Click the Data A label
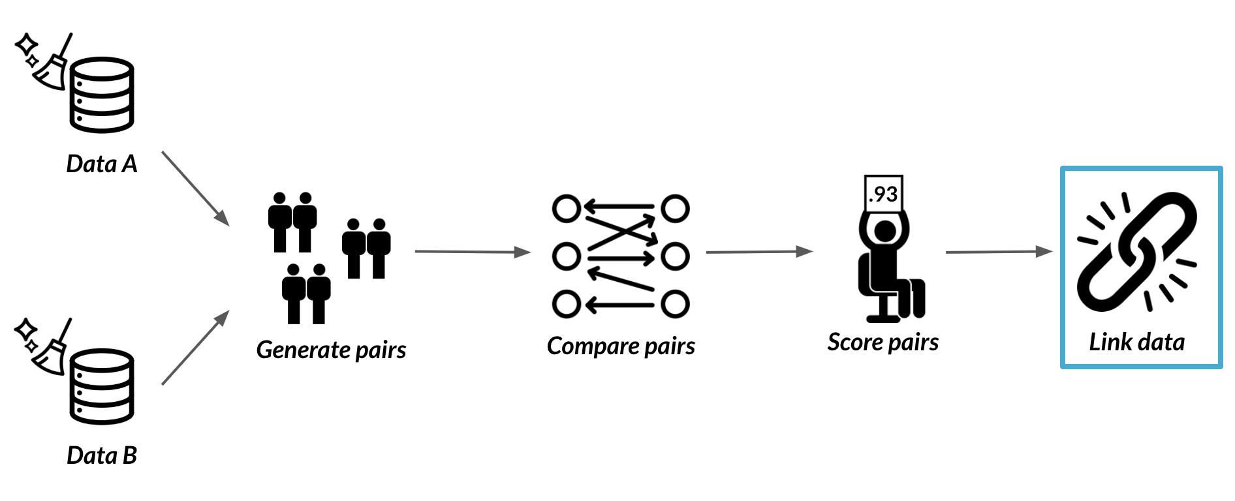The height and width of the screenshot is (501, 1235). [x=102, y=164]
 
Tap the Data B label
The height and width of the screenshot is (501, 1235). [x=102, y=455]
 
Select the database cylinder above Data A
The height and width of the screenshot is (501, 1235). [x=102, y=95]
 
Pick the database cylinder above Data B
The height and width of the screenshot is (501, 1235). [x=102, y=387]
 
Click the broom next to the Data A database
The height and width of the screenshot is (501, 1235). [x=52, y=62]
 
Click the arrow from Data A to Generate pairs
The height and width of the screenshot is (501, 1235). [x=196, y=189]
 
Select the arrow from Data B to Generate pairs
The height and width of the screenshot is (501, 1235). [x=196, y=347]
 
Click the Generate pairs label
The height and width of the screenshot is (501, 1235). [x=331, y=350]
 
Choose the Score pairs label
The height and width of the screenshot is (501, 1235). [x=883, y=342]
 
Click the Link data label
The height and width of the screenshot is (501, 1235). [x=1136, y=342]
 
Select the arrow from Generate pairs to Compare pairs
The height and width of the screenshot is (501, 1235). [x=473, y=252]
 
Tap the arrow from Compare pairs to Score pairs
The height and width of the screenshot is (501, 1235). [x=760, y=252]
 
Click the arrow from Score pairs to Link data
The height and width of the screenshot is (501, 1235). [x=999, y=252]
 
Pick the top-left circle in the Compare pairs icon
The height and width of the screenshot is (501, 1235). [x=566, y=209]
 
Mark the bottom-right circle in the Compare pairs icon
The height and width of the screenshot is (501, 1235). [x=675, y=304]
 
